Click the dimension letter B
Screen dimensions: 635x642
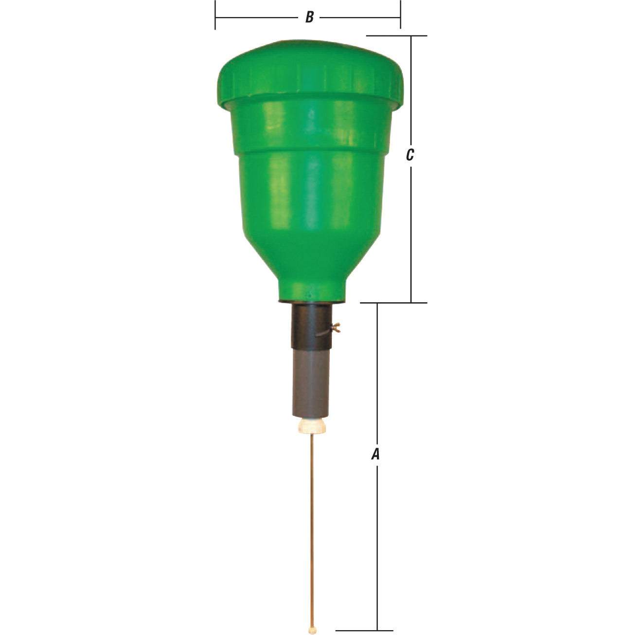coord(309,18)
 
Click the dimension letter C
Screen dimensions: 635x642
coord(410,155)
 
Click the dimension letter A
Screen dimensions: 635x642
coord(375,454)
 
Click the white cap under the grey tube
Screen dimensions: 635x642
coord(311,427)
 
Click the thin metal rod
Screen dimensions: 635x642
coord(312,526)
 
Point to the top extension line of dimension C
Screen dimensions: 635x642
coord(396,36)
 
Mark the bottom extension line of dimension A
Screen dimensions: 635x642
coord(365,631)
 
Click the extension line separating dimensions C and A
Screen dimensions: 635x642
coord(394,303)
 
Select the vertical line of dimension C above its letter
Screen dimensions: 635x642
coord(411,92)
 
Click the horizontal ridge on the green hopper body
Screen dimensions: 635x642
coord(311,151)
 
